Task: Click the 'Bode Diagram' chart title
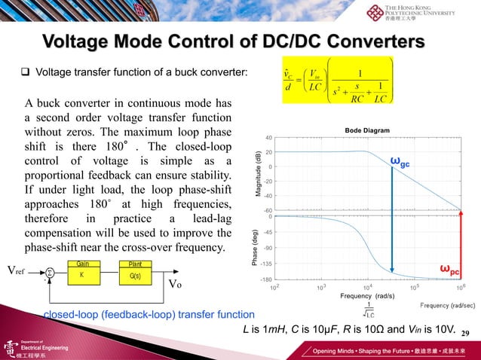(x=366, y=130)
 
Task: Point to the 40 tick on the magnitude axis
(x=268, y=138)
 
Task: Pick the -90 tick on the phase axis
(x=268, y=248)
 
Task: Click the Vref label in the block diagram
(x=18, y=269)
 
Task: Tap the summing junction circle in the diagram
(x=50, y=272)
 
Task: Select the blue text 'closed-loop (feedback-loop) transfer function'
(x=149, y=314)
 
